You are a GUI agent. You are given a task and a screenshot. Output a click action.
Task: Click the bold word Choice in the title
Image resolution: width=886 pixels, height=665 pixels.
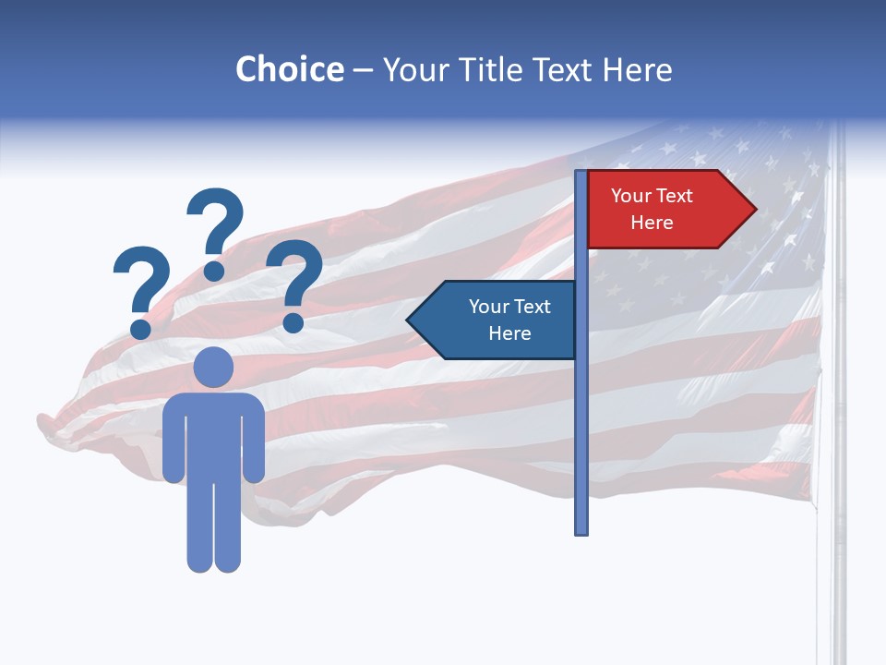pyautogui.click(x=289, y=69)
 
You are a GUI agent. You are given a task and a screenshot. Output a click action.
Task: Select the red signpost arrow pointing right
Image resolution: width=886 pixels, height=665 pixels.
pyautogui.click(x=664, y=210)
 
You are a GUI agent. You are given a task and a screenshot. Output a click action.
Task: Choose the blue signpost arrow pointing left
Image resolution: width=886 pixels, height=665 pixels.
pyautogui.click(x=498, y=320)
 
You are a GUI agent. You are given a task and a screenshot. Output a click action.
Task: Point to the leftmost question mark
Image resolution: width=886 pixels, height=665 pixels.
pyautogui.click(x=141, y=282)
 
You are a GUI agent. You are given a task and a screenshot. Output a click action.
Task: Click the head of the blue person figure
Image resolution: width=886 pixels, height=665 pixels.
pyautogui.click(x=213, y=368)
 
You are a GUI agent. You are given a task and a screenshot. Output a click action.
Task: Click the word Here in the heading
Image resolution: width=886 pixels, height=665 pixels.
pyautogui.click(x=636, y=69)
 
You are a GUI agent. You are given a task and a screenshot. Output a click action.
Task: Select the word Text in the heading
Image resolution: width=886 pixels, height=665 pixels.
pyautogui.click(x=564, y=69)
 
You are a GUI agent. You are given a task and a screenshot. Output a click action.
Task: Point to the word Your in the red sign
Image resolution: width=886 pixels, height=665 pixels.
pyautogui.click(x=631, y=196)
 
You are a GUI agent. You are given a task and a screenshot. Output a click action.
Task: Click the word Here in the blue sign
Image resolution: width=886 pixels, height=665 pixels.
pyautogui.click(x=509, y=333)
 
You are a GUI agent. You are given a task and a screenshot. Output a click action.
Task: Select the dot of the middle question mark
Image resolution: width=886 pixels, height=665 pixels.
pyautogui.click(x=214, y=271)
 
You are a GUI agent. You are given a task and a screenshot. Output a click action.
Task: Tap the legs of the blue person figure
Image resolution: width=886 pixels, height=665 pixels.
pyautogui.click(x=213, y=526)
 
